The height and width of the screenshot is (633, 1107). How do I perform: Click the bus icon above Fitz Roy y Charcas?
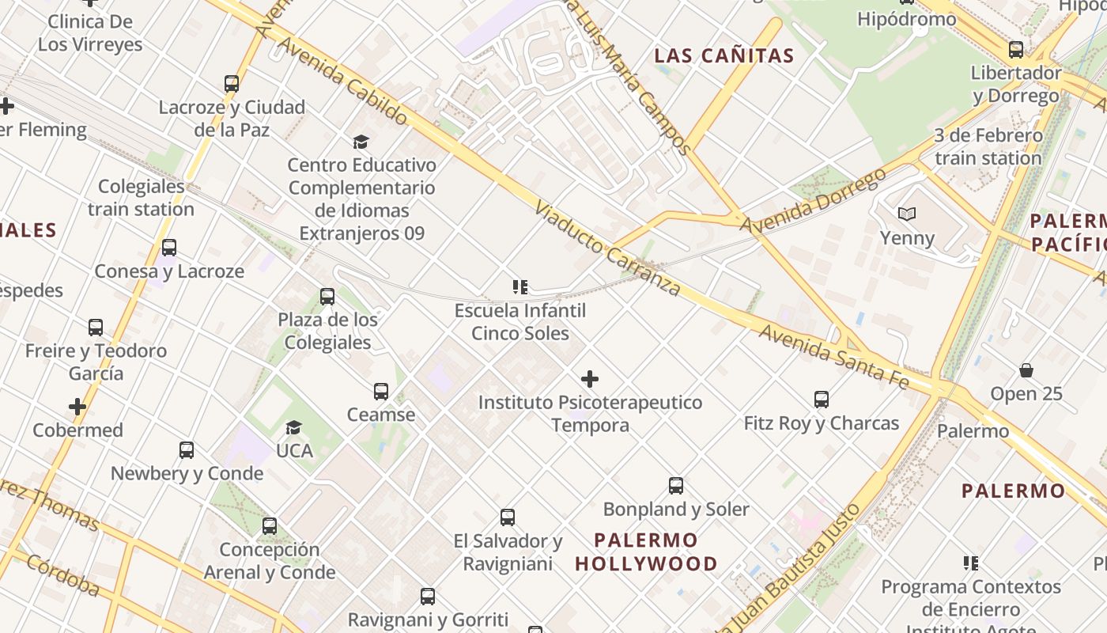(x=822, y=400)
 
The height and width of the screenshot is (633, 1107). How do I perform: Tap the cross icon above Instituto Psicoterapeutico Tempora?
(x=590, y=379)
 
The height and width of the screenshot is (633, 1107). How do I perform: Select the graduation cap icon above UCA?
(x=294, y=427)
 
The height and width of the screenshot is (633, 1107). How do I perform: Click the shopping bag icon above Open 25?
(x=1026, y=370)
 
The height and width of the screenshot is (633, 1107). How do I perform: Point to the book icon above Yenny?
(x=907, y=214)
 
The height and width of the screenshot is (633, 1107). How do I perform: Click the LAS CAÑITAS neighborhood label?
(x=724, y=55)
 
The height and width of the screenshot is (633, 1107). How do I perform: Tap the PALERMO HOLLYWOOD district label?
(x=646, y=552)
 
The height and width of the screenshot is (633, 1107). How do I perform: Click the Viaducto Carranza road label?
(x=606, y=248)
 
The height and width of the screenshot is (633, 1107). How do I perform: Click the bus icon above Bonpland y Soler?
(x=676, y=486)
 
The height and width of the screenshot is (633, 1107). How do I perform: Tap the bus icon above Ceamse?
(x=381, y=392)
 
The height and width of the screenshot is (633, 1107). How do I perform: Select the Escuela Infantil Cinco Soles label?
(x=520, y=321)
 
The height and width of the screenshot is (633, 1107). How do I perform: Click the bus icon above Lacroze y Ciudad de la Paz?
(x=232, y=84)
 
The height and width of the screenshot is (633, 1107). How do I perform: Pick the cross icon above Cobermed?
(x=77, y=407)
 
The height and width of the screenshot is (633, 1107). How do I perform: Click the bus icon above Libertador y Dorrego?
(x=1016, y=50)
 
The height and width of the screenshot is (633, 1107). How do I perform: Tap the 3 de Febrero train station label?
(x=988, y=146)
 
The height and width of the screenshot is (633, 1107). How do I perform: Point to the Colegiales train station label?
(x=141, y=198)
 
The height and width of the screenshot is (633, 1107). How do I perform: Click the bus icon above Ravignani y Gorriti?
(x=428, y=597)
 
